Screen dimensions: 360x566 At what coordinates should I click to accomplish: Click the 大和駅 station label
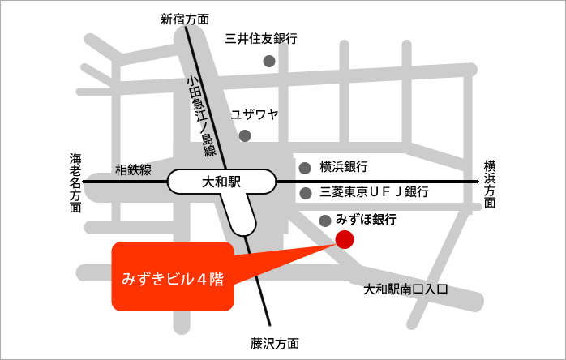pos(221,182)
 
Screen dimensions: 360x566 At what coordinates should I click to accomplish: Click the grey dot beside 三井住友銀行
pos(269,61)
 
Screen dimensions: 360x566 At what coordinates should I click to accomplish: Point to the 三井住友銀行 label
pos(261,38)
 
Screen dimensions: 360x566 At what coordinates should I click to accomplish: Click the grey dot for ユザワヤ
pos(245,135)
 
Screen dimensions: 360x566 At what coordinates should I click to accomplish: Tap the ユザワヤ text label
pos(255,114)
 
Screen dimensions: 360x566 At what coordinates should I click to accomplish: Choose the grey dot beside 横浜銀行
pos(306,169)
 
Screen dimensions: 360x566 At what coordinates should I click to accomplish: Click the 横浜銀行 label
pos(344,167)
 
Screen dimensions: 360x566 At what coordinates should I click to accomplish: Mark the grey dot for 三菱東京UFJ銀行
pos(306,193)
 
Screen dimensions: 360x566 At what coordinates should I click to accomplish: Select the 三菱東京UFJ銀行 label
pos(374,192)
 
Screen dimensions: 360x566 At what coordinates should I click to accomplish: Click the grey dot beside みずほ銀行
pos(325,220)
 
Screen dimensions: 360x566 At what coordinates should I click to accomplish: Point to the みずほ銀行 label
pos(366,219)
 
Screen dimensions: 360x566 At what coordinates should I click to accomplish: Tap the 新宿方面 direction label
pos(184,19)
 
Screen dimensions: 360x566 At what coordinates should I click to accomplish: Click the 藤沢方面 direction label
pos(275,343)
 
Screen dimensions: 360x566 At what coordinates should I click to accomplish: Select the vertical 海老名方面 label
pos(75,182)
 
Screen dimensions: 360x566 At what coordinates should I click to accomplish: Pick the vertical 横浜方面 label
pos(490,183)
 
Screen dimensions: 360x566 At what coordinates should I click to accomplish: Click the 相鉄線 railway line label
pos(134,169)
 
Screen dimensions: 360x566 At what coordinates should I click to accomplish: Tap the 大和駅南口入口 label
pos(405,289)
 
